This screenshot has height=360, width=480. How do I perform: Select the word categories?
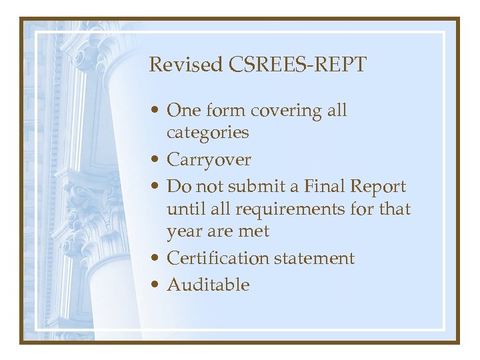(x=207, y=133)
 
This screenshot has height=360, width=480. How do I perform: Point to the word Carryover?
(x=209, y=160)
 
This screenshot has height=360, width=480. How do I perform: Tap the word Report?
(x=379, y=187)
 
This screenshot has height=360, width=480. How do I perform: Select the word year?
(x=185, y=232)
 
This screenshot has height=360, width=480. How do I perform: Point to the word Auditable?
(x=208, y=285)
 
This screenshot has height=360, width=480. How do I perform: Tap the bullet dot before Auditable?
(x=155, y=285)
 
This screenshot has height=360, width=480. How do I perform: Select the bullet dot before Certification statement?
(x=155, y=259)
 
